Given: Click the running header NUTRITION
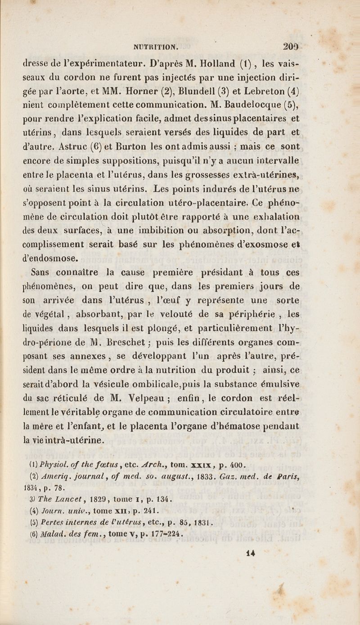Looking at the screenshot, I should click(156, 45).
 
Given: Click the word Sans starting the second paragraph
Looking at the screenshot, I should click(41, 272).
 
